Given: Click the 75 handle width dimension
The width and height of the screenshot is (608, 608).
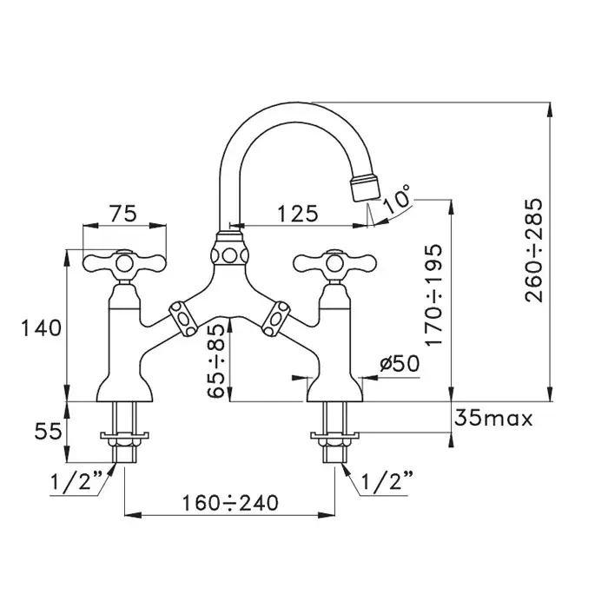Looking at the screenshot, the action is point(122,214).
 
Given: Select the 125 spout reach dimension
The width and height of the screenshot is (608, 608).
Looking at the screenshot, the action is point(298,214).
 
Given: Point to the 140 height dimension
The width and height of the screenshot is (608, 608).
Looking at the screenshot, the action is point(41,327).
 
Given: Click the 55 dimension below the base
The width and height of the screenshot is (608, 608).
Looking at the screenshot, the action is point(48,431).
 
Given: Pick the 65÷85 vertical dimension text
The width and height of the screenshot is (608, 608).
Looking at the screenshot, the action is point(216,360).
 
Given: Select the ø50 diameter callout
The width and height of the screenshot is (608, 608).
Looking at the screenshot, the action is point(400,364).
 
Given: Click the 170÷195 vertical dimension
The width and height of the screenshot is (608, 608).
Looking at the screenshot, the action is point(433,294).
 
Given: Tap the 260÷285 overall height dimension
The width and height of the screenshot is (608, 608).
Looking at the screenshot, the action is point(534,250).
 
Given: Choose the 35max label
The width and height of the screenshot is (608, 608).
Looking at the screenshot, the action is point(493,419).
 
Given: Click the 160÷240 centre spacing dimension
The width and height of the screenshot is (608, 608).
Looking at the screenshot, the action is point(230,503).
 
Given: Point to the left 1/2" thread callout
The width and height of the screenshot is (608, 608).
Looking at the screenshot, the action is point(76,481).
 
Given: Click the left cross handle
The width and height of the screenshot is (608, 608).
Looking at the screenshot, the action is point(124,264).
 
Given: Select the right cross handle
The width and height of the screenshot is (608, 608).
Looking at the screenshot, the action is point(334,264).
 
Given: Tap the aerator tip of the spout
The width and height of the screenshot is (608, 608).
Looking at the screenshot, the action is point(366,188).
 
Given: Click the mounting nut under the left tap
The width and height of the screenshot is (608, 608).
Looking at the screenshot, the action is point(124,442).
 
